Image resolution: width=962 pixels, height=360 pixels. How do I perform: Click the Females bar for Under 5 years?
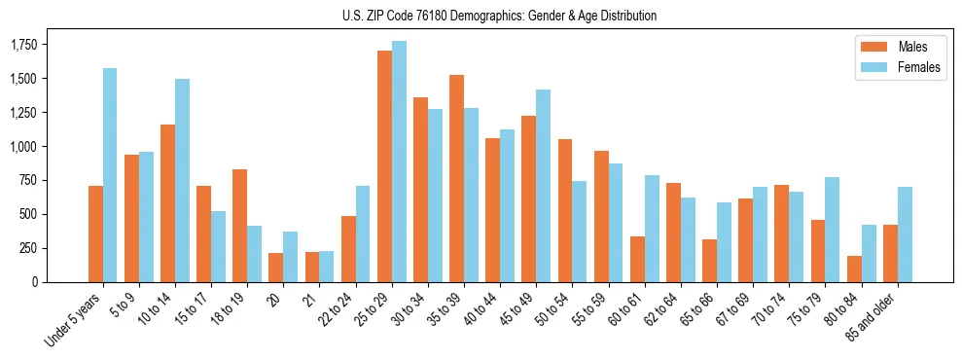[110, 175]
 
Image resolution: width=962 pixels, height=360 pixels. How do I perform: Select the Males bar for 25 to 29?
[384, 166]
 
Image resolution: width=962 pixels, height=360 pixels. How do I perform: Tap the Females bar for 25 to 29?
[399, 162]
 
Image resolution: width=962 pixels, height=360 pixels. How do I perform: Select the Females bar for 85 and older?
[905, 234]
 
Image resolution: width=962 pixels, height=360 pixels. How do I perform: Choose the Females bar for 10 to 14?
[182, 180]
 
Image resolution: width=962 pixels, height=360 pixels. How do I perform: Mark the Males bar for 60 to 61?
[637, 259]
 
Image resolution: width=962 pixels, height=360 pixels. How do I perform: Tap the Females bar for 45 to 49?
[543, 186]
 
